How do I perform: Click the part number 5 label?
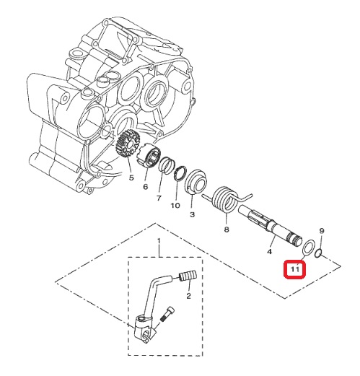click(x=131, y=178)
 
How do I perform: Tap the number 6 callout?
click(x=146, y=187)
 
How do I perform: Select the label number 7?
click(x=159, y=198)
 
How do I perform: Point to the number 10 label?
click(x=175, y=206)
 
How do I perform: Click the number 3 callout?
click(x=192, y=214)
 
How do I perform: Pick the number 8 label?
click(x=227, y=229)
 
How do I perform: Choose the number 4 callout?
click(x=269, y=252)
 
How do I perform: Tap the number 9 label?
click(x=322, y=231)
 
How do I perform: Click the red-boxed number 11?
click(x=295, y=268)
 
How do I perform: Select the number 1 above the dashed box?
click(x=159, y=241)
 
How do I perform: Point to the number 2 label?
click(x=188, y=296)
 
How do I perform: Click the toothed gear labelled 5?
click(x=128, y=144)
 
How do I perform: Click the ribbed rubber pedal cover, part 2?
click(x=188, y=276)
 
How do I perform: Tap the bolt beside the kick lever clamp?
click(x=166, y=314)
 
